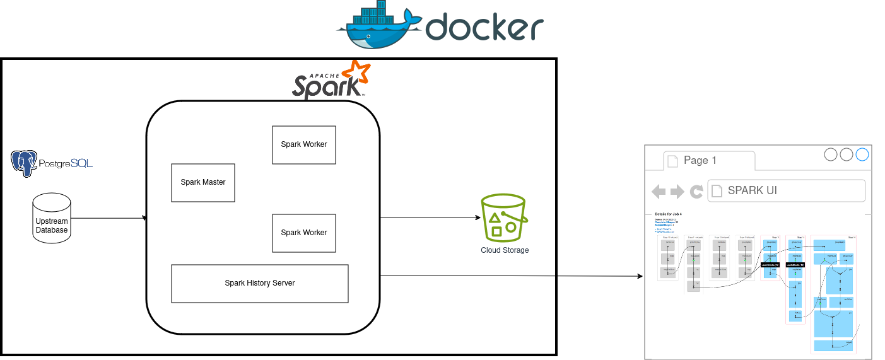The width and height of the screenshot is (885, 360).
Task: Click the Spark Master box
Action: (x=203, y=183)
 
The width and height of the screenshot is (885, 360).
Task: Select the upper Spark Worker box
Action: (x=304, y=145)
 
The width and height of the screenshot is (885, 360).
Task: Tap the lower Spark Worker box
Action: (x=304, y=233)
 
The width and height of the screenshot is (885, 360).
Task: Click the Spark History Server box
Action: (x=260, y=283)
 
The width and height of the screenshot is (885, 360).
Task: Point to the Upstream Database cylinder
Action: (x=52, y=218)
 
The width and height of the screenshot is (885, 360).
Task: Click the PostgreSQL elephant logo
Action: (x=24, y=163)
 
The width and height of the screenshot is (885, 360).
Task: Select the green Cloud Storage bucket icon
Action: (x=503, y=216)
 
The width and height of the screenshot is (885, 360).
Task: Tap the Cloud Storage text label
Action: (x=505, y=250)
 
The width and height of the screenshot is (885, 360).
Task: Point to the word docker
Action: (x=484, y=27)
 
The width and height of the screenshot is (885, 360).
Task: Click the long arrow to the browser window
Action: (x=511, y=276)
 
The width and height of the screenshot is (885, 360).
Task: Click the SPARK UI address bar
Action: (x=786, y=190)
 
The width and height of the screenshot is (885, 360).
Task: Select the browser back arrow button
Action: (x=659, y=192)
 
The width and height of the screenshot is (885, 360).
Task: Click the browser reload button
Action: (x=696, y=192)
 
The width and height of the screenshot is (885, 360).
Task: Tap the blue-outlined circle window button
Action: (x=862, y=154)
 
